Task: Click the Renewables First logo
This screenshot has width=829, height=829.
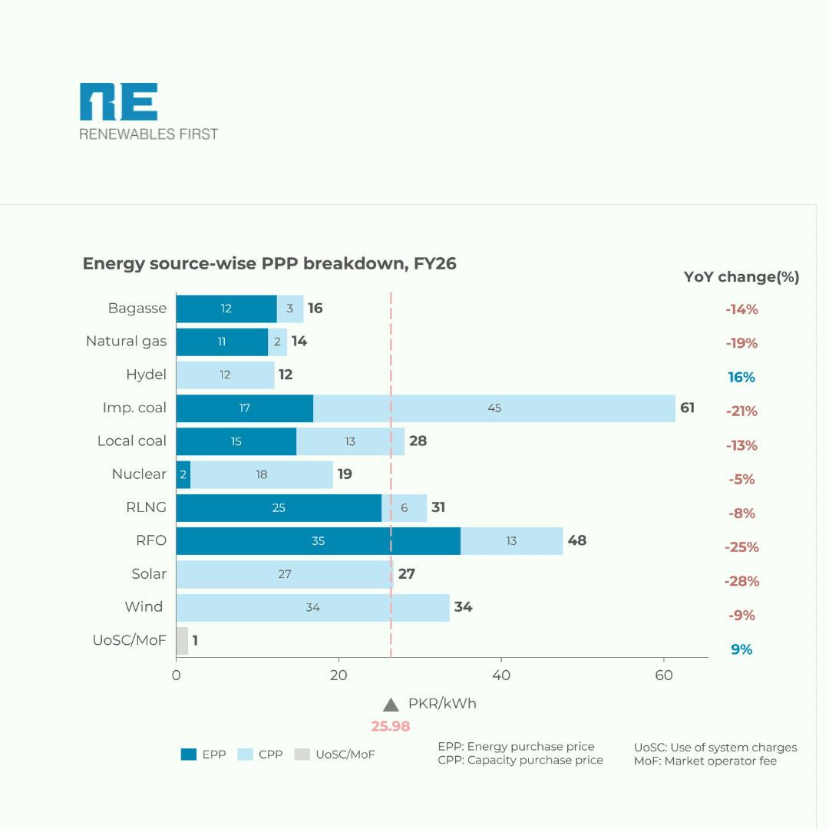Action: [x=148, y=111]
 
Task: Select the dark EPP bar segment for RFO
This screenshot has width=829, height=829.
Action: [x=318, y=541]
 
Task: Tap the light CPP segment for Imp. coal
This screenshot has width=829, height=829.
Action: [x=494, y=408]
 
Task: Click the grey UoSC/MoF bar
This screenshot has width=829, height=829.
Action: [x=182, y=641]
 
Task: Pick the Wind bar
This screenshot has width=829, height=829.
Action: [x=312, y=607]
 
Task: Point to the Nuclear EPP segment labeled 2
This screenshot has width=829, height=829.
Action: [x=183, y=474]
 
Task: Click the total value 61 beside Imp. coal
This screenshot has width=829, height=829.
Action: [x=687, y=408]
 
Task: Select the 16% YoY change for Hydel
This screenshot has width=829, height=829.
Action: [x=741, y=378]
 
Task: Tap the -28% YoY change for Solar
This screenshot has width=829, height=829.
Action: [x=741, y=581]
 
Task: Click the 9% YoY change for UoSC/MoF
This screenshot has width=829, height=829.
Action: [x=741, y=649]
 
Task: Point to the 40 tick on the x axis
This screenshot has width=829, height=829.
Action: [x=501, y=675]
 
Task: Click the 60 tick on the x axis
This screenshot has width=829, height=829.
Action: [x=664, y=675]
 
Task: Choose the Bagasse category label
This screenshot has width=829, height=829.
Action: [x=137, y=309]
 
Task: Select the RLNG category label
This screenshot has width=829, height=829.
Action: [x=147, y=507]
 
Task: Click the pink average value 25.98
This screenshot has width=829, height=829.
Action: [x=391, y=726]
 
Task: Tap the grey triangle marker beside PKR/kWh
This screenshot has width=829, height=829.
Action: [x=391, y=705]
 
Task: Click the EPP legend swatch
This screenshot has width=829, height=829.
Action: [x=189, y=755]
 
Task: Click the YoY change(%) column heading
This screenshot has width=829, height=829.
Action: [x=741, y=277]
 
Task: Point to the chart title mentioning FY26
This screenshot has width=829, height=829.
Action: [x=269, y=264]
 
